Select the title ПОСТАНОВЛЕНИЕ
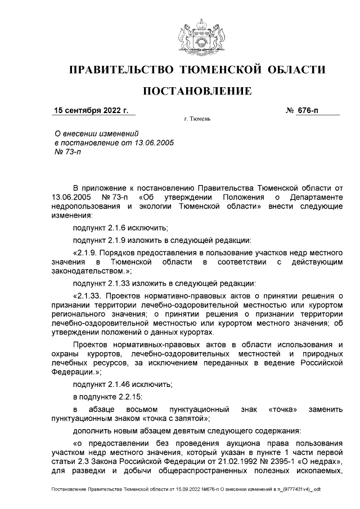pos(197,91)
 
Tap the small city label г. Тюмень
pos(197,119)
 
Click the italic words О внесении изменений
pos(95,133)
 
